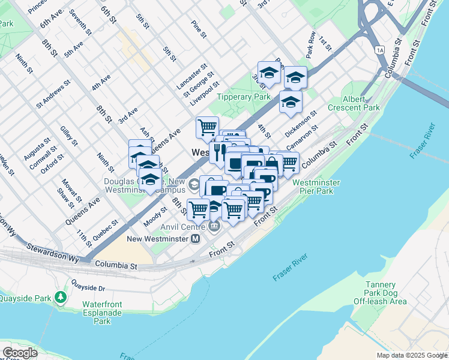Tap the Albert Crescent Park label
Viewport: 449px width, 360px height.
(354, 103)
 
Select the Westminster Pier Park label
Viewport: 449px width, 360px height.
(316, 187)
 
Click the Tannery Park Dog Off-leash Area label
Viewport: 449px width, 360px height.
(380, 293)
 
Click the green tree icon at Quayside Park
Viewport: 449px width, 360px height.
(60, 297)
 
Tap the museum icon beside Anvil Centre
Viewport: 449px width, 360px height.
(214, 226)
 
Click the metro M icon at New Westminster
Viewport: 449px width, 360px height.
(195, 239)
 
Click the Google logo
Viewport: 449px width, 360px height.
(20, 353)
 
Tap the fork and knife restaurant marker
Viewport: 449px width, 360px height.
(218, 151)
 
